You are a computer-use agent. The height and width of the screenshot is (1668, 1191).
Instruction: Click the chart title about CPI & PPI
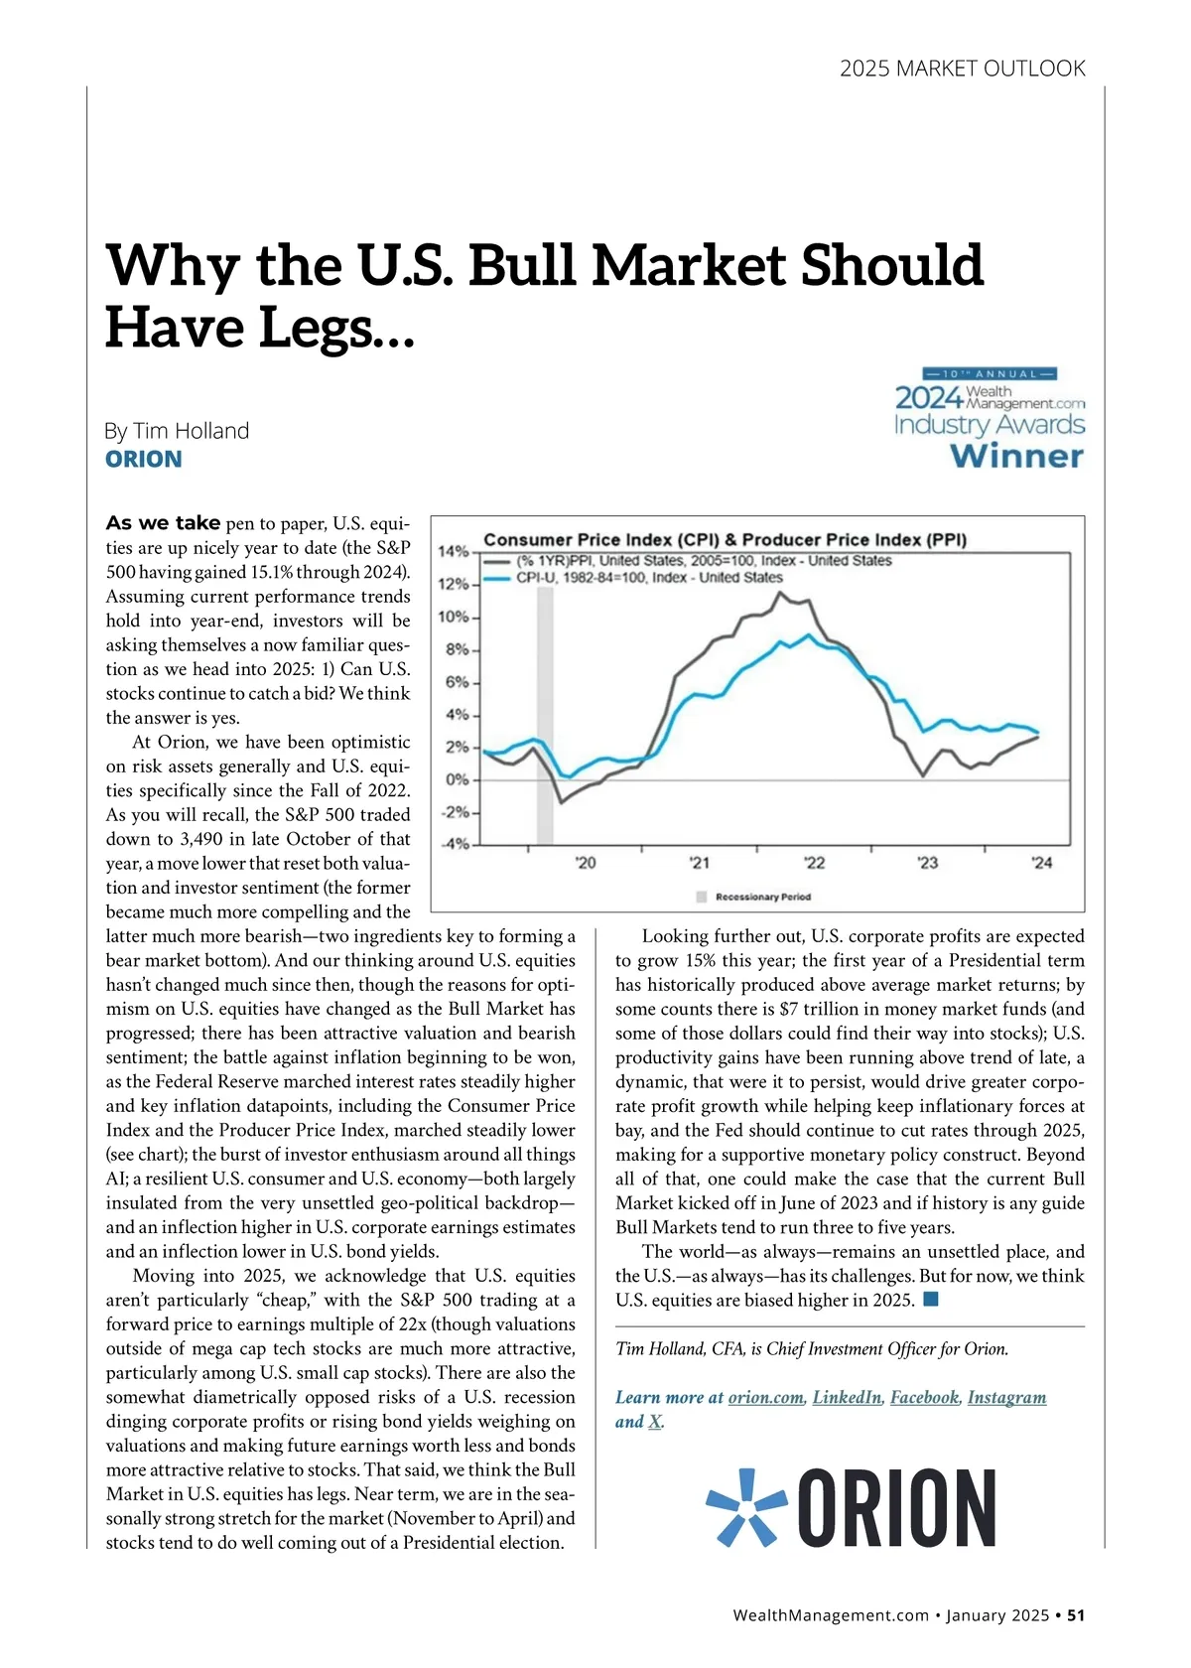pyautogui.click(x=725, y=540)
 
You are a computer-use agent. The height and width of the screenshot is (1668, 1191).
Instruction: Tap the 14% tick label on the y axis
pyautogui.click(x=454, y=551)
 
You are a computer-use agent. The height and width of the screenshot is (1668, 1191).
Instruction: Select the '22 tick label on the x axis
pyautogui.click(x=814, y=863)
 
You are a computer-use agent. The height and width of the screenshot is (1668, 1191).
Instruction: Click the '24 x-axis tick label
pyautogui.click(x=1041, y=863)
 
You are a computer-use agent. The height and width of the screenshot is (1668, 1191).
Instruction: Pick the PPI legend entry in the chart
pyautogui.click(x=703, y=561)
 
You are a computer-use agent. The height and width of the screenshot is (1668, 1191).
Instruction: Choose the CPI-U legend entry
pyautogui.click(x=648, y=578)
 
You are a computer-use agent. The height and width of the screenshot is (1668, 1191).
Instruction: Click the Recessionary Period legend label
pyautogui.click(x=762, y=897)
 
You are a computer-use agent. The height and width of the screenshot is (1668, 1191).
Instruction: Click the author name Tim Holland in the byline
pyautogui.click(x=191, y=431)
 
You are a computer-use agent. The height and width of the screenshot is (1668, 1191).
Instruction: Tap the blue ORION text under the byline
pyautogui.click(x=144, y=460)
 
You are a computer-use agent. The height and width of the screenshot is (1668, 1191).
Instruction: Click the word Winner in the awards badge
pyautogui.click(x=1016, y=457)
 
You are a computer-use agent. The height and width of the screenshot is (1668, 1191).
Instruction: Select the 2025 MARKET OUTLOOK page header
pyautogui.click(x=962, y=69)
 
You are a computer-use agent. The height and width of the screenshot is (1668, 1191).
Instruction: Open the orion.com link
pyautogui.click(x=765, y=1398)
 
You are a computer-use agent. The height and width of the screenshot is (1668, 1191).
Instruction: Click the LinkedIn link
pyautogui.click(x=847, y=1398)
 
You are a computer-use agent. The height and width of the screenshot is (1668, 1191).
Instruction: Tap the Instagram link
pyautogui.click(x=1006, y=1398)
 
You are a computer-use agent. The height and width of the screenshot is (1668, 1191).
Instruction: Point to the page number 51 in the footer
pyautogui.click(x=1076, y=1615)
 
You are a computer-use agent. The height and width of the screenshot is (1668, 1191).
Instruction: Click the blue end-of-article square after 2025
pyautogui.click(x=931, y=1300)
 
